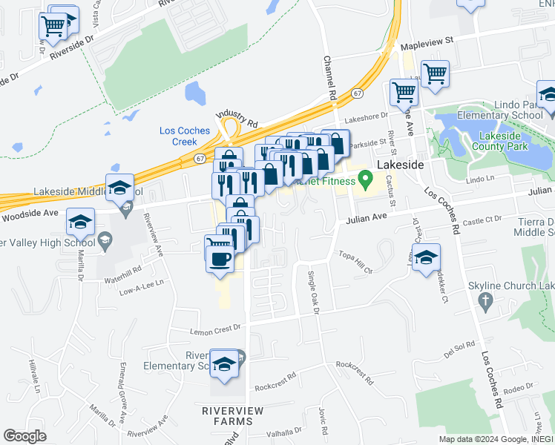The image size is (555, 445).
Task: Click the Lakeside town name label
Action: pyautogui.click(x=400, y=165)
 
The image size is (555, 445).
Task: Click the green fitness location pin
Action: pyautogui.click(x=364, y=178)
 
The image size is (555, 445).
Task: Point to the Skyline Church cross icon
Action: pyautogui.click(x=485, y=300)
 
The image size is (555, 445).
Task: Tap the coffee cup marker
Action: pyautogui.click(x=219, y=259)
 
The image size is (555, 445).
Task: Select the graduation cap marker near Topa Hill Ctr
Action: pyautogui.click(x=426, y=258)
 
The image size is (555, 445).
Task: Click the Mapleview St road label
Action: pyautogui.click(x=427, y=47)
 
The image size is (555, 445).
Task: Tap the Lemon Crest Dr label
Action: pyautogui.click(x=217, y=326)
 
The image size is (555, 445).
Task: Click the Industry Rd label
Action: pyautogui.click(x=236, y=116)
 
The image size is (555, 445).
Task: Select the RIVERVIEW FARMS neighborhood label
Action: pyautogui.click(x=229, y=415)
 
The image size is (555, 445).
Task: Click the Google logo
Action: pyautogui.click(x=25, y=436)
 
